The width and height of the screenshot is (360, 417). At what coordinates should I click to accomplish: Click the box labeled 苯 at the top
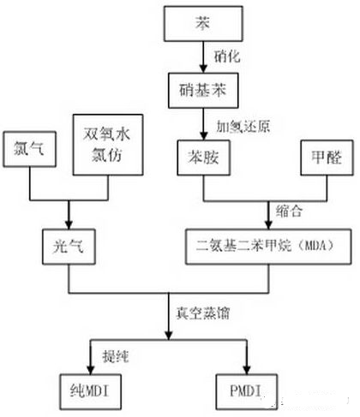pos(203,24)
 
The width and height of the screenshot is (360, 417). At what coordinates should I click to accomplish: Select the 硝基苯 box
pos(203,91)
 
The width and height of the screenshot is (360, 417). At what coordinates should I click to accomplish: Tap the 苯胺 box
pos(203,158)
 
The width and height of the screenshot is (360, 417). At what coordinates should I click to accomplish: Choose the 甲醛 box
pos(327,158)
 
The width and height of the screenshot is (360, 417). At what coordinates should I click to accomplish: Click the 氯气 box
pos(29,149)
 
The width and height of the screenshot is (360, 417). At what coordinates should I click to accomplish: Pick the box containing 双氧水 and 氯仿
pos(108,145)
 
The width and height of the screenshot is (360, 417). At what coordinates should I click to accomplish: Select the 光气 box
pos(69,247)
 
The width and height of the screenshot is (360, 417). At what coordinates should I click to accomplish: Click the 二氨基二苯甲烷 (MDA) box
pos(268,247)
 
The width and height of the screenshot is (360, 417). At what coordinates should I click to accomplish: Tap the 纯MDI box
pos(90,391)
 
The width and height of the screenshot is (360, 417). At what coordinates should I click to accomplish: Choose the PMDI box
pos(247,391)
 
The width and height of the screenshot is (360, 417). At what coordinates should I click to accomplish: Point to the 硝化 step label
pos(227,57)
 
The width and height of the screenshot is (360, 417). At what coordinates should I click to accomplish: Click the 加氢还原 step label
pos(243,127)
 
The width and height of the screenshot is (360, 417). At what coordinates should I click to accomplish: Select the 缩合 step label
pos(289,211)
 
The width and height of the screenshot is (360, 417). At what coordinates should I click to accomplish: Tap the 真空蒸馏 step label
pos(202,313)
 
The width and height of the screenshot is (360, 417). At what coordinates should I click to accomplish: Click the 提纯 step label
pos(116,356)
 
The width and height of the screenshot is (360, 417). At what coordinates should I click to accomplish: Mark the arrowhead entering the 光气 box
pos(69,225)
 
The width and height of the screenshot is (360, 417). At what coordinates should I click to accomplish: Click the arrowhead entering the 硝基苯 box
pos(203,69)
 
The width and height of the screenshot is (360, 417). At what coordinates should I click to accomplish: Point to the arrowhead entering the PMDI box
pos(247,370)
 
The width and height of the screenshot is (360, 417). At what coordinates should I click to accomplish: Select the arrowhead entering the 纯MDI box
pos(90,370)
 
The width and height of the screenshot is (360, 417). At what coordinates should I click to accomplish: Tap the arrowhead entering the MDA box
pos(268,225)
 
